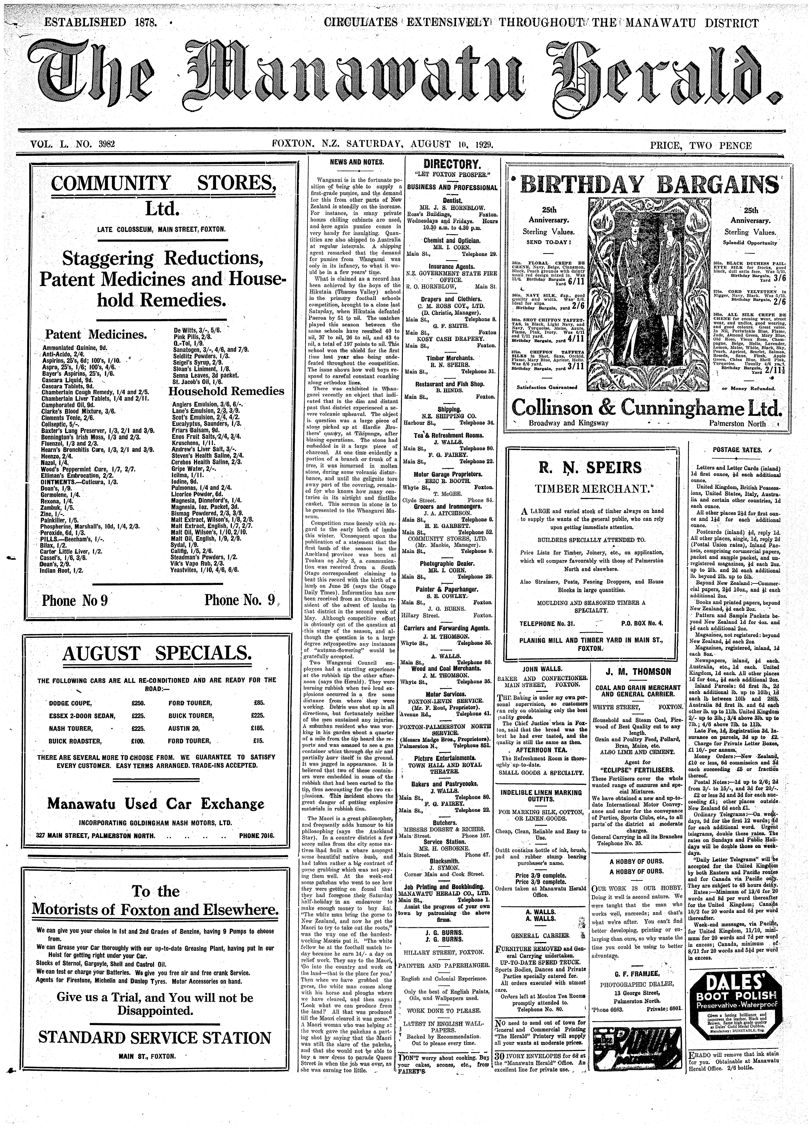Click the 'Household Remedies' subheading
click(226, 391)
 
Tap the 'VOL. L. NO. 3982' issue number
click(74, 145)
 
